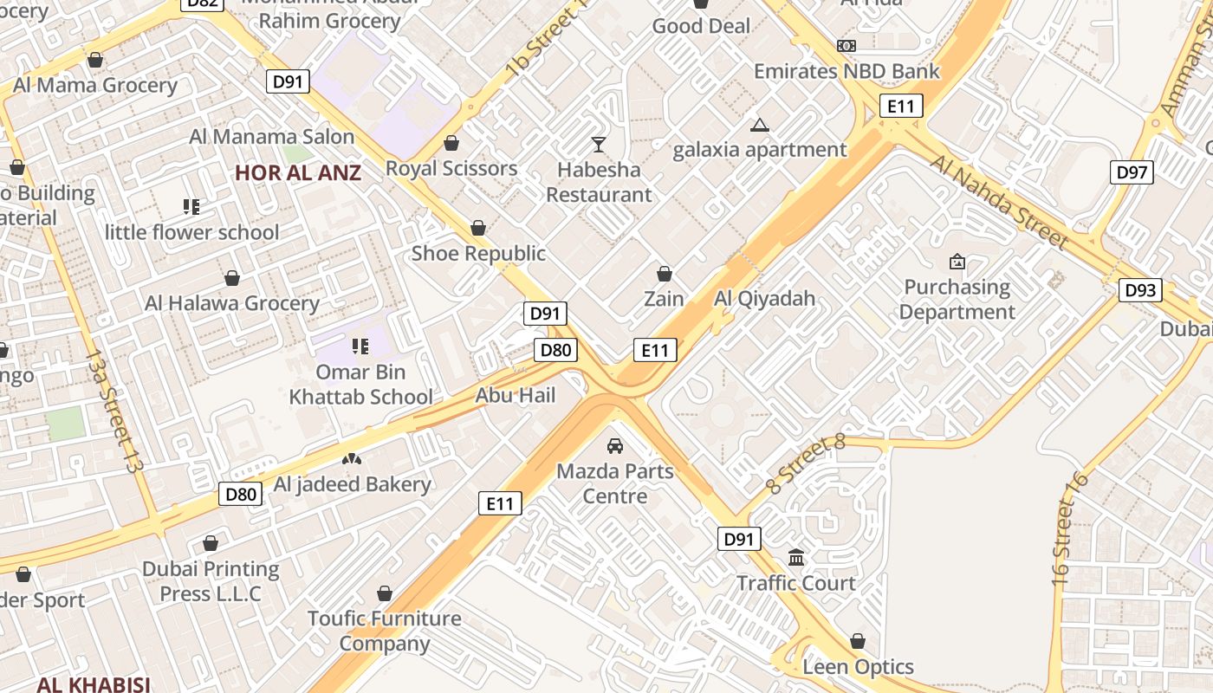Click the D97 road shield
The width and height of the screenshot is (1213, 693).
pyautogui.click(x=1132, y=172)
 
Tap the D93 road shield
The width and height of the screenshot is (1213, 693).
pyautogui.click(x=1140, y=290)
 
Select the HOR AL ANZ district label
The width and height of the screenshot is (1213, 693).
pyautogui.click(x=297, y=172)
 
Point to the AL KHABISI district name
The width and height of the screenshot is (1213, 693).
pyautogui.click(x=94, y=684)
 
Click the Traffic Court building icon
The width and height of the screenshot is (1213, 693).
pyautogui.click(x=796, y=557)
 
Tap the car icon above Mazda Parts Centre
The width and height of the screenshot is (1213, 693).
pyautogui.click(x=614, y=446)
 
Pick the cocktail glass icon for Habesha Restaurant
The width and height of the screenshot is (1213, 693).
pyautogui.click(x=599, y=144)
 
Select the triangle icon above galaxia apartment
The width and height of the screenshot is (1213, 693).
pyautogui.click(x=760, y=126)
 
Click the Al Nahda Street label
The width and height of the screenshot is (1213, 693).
pyautogui.click(x=998, y=202)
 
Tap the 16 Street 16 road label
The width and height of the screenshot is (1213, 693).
pyautogui.click(x=1068, y=530)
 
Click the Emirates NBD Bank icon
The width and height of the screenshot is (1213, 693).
pyautogui.click(x=847, y=46)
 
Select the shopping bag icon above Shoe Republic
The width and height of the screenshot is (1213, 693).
pyautogui.click(x=477, y=228)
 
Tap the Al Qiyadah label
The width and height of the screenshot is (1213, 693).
pyautogui.click(x=764, y=299)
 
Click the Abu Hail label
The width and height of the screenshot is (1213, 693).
pyautogui.click(x=516, y=395)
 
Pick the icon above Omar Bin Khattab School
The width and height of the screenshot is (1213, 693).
pyautogui.click(x=360, y=346)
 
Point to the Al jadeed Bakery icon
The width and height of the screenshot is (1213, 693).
pyautogui.click(x=351, y=458)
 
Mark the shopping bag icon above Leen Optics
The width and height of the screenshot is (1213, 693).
pyautogui.click(x=857, y=641)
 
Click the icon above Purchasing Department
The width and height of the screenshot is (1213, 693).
pyautogui.click(x=957, y=262)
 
